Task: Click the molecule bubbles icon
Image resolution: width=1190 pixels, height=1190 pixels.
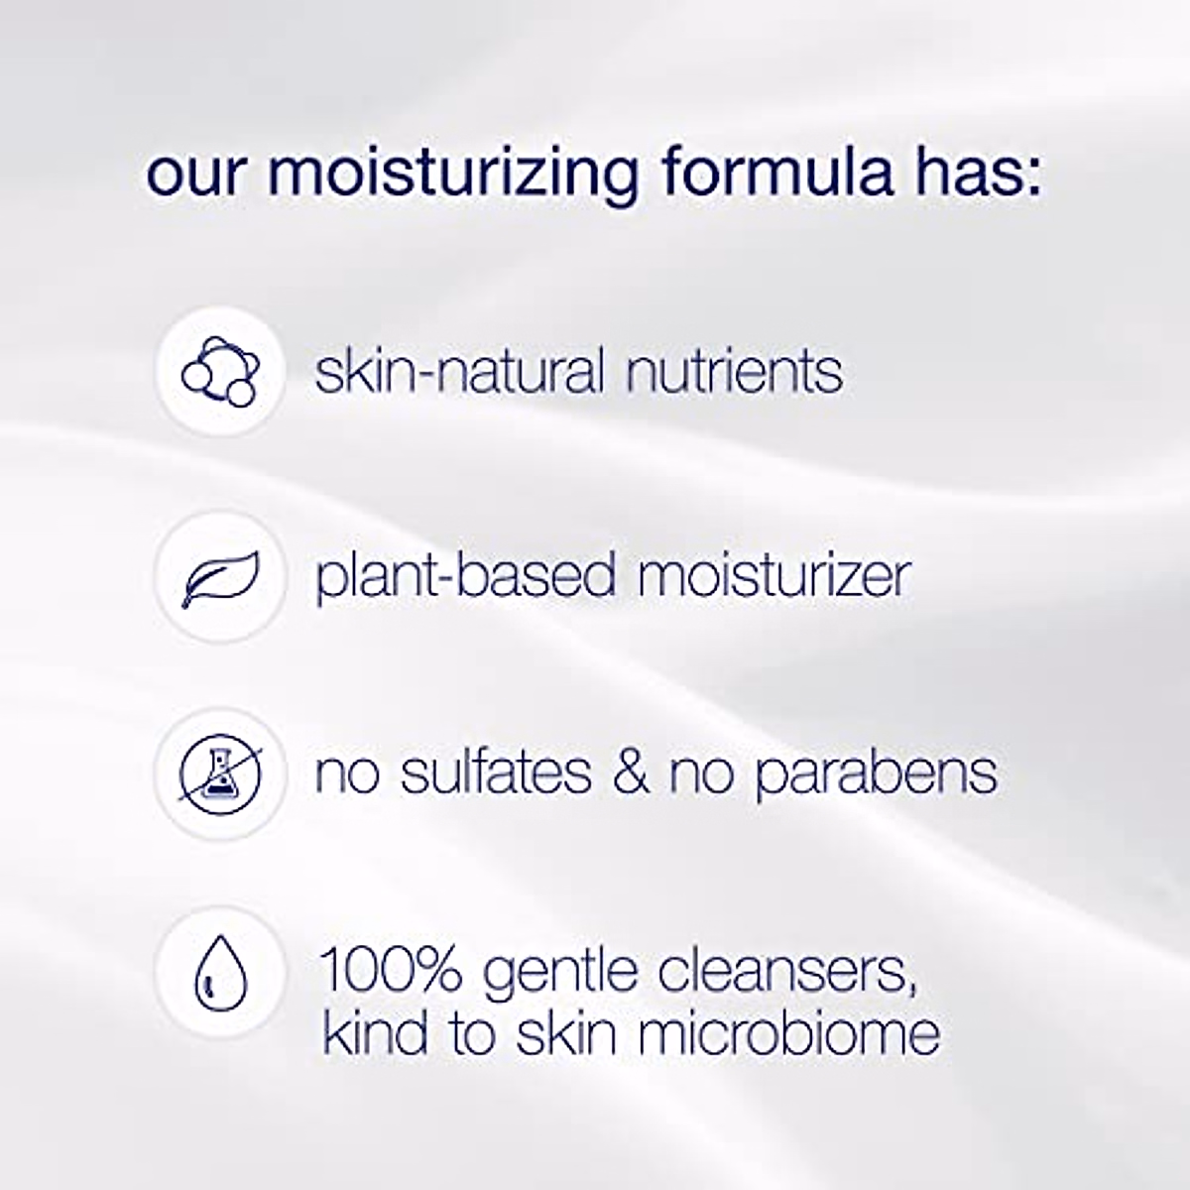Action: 220,372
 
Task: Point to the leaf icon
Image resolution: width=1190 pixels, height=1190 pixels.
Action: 220,577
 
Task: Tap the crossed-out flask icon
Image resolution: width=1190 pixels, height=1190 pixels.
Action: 220,773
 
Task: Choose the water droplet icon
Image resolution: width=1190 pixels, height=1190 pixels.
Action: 220,971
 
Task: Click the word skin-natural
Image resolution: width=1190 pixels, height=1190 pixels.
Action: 458,372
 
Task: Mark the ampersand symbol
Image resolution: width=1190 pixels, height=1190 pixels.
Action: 630,773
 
